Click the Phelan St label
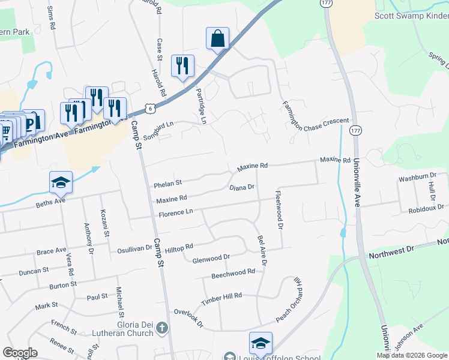167,182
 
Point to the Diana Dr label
243,187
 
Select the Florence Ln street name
176,212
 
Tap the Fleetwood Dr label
279,210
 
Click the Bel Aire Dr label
262,251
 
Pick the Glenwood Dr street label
211,258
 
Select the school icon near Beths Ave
61,182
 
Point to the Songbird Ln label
158,128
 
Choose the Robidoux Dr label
426,209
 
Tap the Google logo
20,353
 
